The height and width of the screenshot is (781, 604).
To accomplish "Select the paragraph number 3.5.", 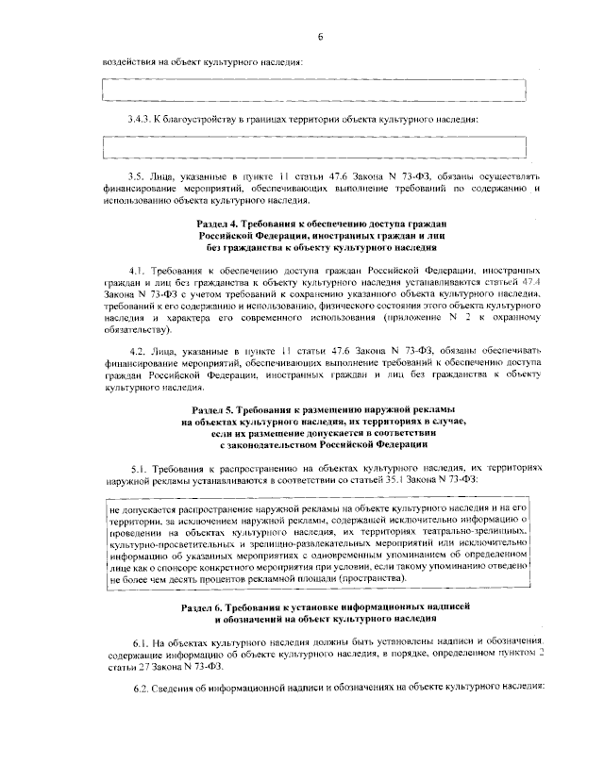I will tap(137, 176).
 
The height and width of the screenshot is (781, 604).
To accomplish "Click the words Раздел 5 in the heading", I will tap(212, 412).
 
